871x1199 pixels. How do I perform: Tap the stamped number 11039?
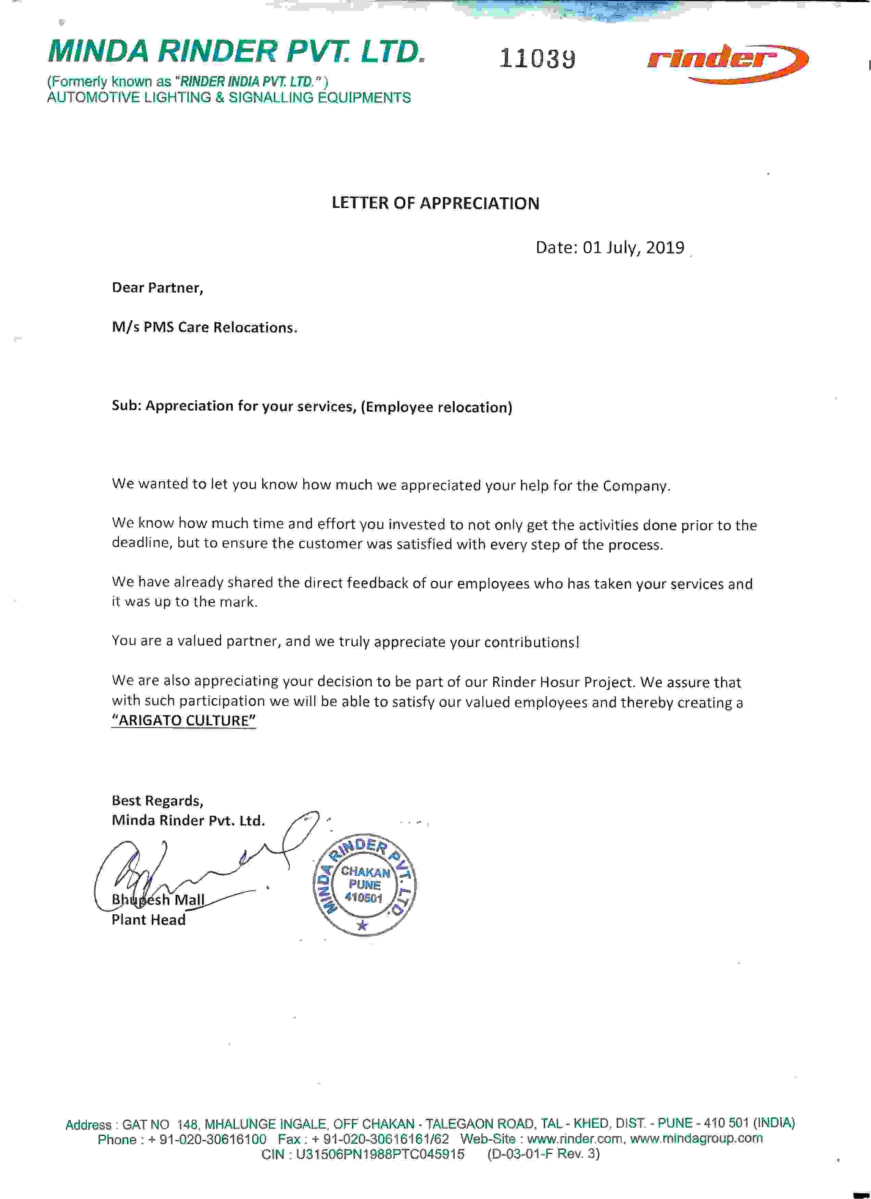tap(537, 58)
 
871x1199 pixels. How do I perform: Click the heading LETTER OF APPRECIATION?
tap(435, 204)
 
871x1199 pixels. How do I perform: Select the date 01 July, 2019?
tap(633, 247)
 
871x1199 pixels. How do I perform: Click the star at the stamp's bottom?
tap(362, 925)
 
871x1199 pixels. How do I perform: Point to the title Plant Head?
tap(149, 920)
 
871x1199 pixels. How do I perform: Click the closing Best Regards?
tap(157, 801)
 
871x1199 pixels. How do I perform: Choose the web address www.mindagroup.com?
tap(696, 1138)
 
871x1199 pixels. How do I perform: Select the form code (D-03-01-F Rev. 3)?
tap(543, 1153)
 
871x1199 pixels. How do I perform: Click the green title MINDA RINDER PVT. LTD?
tap(236, 52)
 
